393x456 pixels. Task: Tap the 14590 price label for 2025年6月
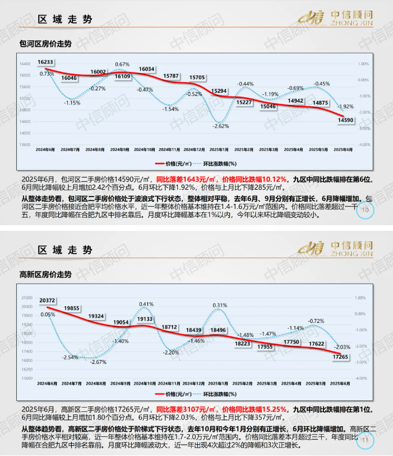[x=345, y=120]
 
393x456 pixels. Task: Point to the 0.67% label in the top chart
[x=122, y=64]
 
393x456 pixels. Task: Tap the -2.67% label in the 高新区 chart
[x=98, y=362]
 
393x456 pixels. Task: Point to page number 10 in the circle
[x=366, y=210]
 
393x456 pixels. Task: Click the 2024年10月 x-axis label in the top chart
[x=146, y=150]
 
